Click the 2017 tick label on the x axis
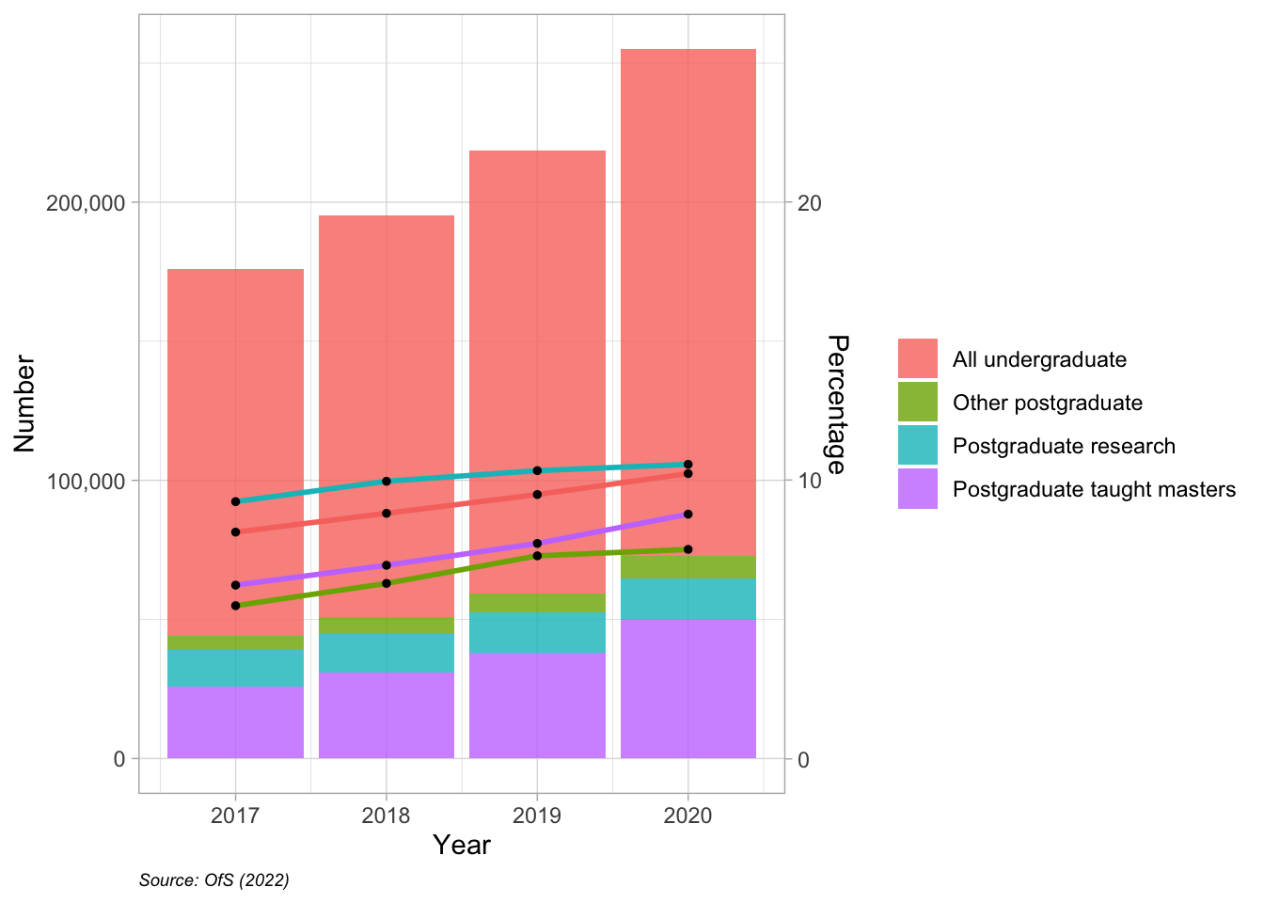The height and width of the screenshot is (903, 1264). [x=235, y=816]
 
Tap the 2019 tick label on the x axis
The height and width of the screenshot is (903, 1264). [x=537, y=816]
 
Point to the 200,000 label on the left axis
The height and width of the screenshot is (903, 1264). [x=86, y=203]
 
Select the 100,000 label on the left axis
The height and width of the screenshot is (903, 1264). [x=86, y=481]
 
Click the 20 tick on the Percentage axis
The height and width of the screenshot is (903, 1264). [x=809, y=203]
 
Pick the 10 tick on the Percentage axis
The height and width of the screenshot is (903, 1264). [x=809, y=481]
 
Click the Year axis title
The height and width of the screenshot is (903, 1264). [x=462, y=845]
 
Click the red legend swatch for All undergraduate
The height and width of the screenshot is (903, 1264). [x=917, y=358]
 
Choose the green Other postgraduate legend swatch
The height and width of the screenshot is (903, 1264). [x=917, y=402]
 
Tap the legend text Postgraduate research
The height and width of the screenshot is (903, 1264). [x=1064, y=446]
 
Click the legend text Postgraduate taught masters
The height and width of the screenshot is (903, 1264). [x=1094, y=489]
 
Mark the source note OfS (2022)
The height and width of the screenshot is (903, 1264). [x=214, y=880]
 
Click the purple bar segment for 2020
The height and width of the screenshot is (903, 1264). [x=688, y=689]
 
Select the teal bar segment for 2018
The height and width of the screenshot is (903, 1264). [x=387, y=653]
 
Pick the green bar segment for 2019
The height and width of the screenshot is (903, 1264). [x=537, y=603]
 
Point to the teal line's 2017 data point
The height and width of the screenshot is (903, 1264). [x=235, y=501]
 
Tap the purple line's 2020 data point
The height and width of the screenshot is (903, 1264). [x=688, y=515]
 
